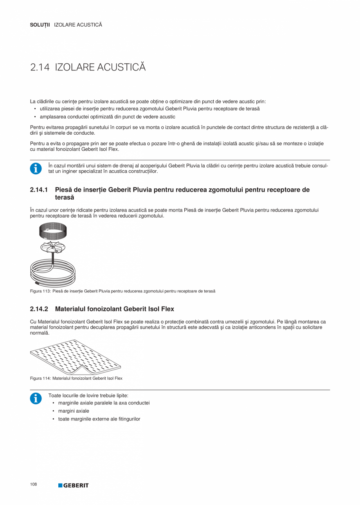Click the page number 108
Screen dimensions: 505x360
click(x=33, y=485)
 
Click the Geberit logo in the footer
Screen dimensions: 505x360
click(x=74, y=485)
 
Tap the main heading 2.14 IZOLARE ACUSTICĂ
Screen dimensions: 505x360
click(x=88, y=67)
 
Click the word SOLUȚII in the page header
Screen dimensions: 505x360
click(x=40, y=25)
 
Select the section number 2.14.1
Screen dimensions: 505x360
click(x=39, y=190)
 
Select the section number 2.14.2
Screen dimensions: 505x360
click(x=39, y=309)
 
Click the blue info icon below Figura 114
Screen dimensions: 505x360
click(x=36, y=399)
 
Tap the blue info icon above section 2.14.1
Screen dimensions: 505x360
click(x=36, y=168)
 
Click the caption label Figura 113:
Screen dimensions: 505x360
click(x=40, y=291)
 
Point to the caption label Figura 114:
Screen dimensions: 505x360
click(x=40, y=379)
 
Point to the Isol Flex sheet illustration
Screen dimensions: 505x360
click(x=76, y=355)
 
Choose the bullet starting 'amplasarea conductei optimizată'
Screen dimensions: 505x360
click(x=108, y=117)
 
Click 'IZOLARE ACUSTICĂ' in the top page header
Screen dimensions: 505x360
click(x=78, y=25)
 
